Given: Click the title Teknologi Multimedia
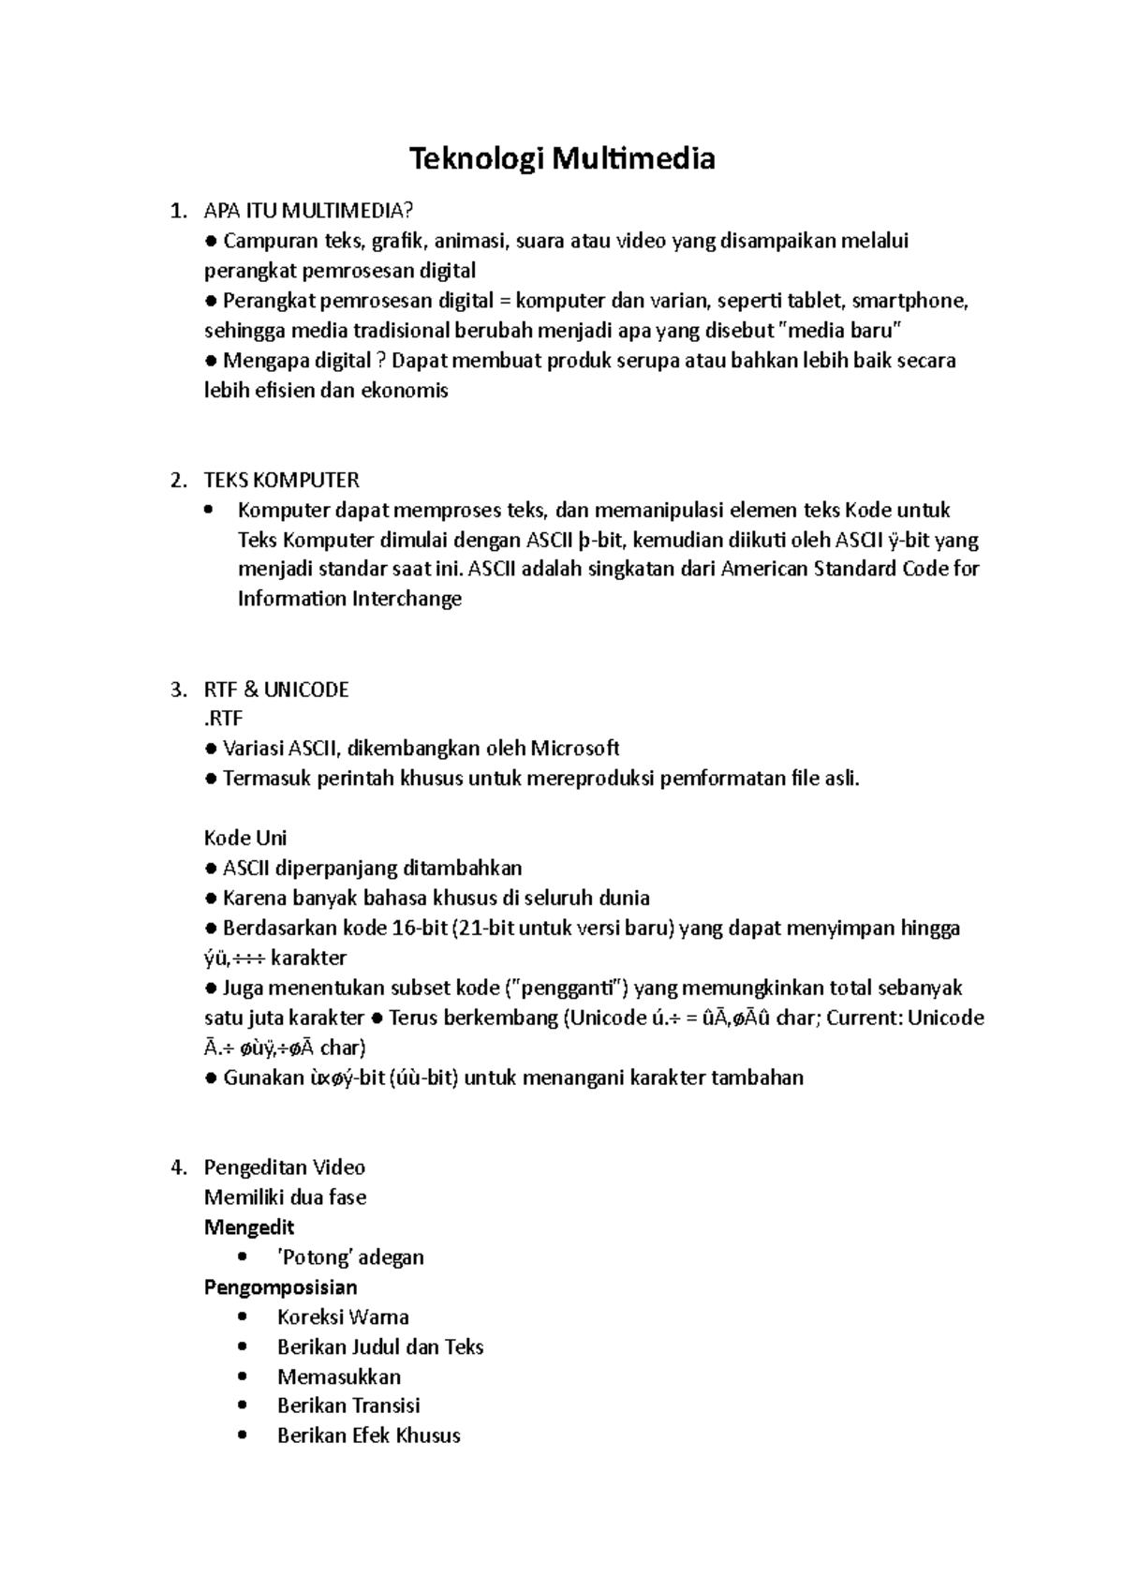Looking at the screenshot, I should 562,159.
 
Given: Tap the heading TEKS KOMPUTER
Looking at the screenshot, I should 281,481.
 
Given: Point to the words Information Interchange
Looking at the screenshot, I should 349,599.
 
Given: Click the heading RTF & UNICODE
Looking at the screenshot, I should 276,690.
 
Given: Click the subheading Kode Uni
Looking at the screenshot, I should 245,838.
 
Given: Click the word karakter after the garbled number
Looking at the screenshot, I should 315,959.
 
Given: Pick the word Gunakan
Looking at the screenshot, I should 259,1078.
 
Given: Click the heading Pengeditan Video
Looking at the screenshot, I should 284,1167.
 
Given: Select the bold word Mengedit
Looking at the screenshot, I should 249,1227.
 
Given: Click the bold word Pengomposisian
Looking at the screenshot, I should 280,1287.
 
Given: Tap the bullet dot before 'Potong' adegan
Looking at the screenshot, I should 244,1256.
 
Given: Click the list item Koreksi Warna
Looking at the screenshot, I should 343,1317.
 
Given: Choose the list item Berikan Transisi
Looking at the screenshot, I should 348,1405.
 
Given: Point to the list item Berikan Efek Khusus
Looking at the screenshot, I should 368,1435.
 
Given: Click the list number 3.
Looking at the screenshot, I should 178,690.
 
